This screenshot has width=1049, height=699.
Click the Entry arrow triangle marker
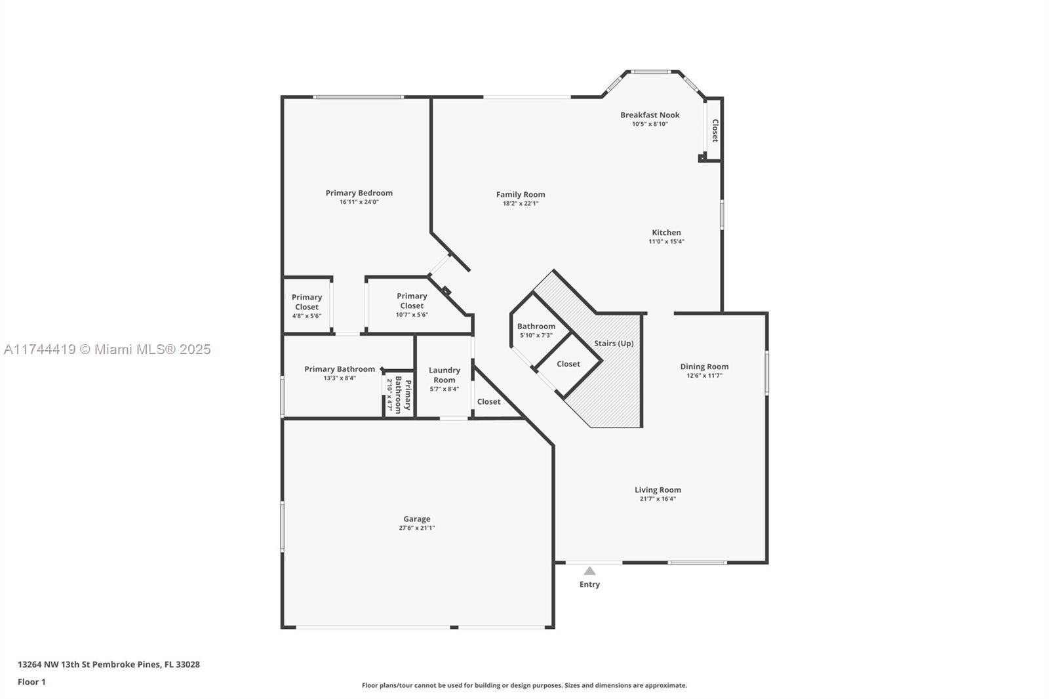(x=589, y=571)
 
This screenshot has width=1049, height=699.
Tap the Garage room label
(x=417, y=519)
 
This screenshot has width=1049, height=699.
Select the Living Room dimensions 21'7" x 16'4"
(x=658, y=499)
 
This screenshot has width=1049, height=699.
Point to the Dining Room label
(x=704, y=367)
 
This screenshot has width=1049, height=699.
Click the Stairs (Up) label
(x=614, y=344)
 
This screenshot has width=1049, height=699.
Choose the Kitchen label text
(x=666, y=232)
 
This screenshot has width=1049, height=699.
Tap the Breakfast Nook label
(x=650, y=115)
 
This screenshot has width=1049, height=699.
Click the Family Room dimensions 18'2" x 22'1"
(x=521, y=204)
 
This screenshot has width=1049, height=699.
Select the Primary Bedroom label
(x=359, y=193)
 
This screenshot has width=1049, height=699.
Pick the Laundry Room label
(x=445, y=375)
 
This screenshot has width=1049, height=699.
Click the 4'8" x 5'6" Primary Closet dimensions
(x=307, y=316)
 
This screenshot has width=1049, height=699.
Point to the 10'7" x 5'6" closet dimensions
(x=412, y=315)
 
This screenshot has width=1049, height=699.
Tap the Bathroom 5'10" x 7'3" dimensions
(x=536, y=336)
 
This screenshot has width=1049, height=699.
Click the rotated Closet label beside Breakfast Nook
(x=715, y=130)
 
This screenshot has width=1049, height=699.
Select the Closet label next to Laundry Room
(x=489, y=401)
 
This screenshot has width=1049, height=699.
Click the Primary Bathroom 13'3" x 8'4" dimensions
(x=340, y=378)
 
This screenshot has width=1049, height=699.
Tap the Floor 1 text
(x=32, y=682)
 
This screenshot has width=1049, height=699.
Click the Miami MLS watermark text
(x=108, y=349)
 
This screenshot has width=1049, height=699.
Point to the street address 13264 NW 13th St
(x=54, y=664)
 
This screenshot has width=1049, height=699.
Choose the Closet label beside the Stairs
(x=568, y=364)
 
